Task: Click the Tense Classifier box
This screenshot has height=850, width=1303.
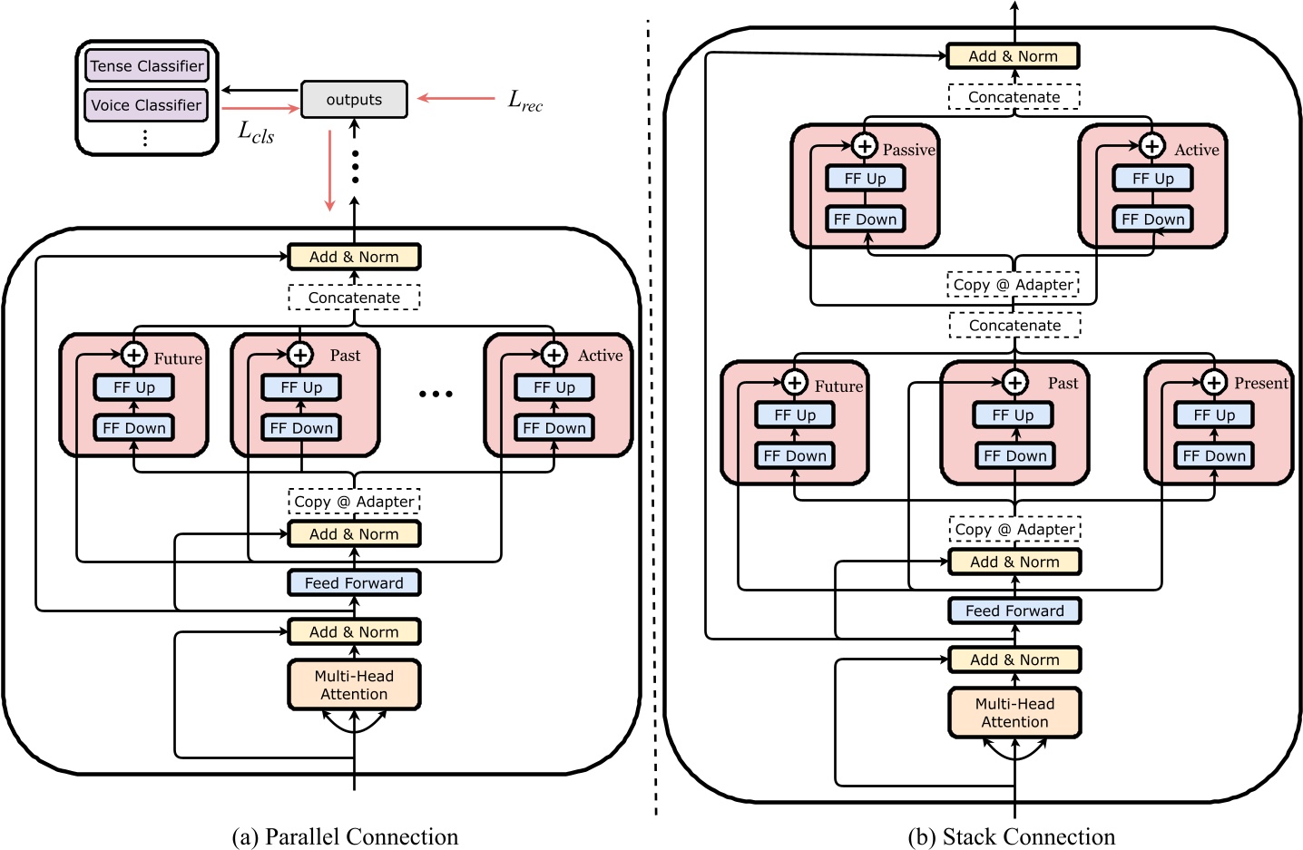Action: tap(146, 65)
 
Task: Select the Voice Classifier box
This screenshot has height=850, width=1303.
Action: tap(146, 104)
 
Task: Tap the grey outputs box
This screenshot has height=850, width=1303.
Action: tap(354, 100)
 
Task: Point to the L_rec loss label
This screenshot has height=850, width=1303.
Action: tap(524, 101)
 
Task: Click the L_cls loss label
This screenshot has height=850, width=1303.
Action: tap(256, 132)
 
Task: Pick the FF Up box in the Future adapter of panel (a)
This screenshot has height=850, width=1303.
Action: tap(134, 387)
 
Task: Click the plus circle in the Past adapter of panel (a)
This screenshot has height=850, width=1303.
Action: tap(300, 355)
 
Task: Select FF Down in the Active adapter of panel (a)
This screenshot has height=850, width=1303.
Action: tap(554, 428)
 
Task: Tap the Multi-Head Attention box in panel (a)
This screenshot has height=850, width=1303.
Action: tap(354, 685)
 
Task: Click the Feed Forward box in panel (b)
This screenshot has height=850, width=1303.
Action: tap(1014, 611)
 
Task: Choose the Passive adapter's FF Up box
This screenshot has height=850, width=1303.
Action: tap(865, 179)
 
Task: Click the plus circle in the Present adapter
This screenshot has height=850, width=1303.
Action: tap(1214, 383)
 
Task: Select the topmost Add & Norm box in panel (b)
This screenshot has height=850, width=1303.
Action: tap(1013, 56)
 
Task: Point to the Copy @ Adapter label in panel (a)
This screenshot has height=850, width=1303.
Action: tap(354, 502)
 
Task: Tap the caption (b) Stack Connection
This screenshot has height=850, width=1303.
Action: tap(1012, 836)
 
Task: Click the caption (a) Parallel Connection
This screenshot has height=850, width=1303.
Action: tap(345, 836)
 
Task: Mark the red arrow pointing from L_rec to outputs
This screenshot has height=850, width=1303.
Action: tap(456, 98)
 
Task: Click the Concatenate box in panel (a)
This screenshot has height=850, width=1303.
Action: tap(354, 298)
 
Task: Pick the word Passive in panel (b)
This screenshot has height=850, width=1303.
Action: tap(908, 150)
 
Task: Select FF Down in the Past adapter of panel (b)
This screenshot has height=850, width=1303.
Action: tap(1014, 455)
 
